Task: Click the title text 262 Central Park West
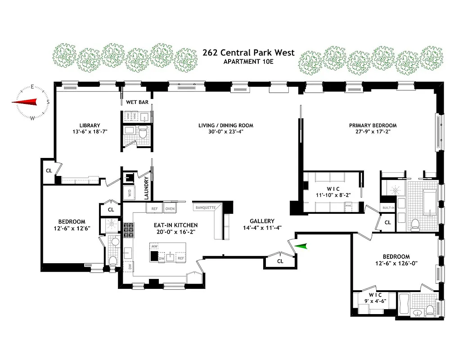click(x=248, y=53)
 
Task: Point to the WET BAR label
click(x=137, y=102)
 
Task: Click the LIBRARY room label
click(x=90, y=126)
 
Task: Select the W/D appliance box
click(x=131, y=193)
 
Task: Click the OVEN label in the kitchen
click(x=170, y=209)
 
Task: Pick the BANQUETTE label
click(x=205, y=207)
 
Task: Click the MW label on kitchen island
click(x=154, y=247)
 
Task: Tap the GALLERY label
click(x=262, y=221)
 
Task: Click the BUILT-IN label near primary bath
click(x=388, y=208)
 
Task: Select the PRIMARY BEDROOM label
click(x=373, y=126)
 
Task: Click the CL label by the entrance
click(x=280, y=261)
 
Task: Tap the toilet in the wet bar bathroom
click(x=143, y=133)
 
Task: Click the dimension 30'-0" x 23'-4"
click(x=226, y=132)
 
